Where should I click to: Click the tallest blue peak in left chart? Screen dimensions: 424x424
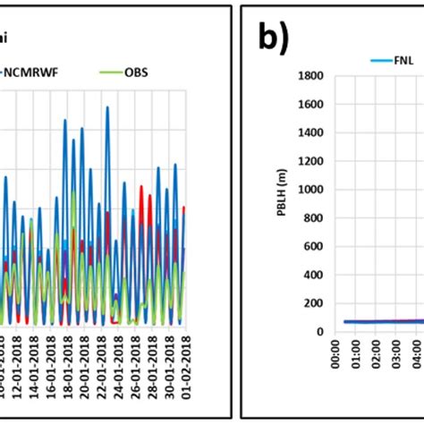point(107,107)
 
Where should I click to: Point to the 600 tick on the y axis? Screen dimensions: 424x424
point(300,246)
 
